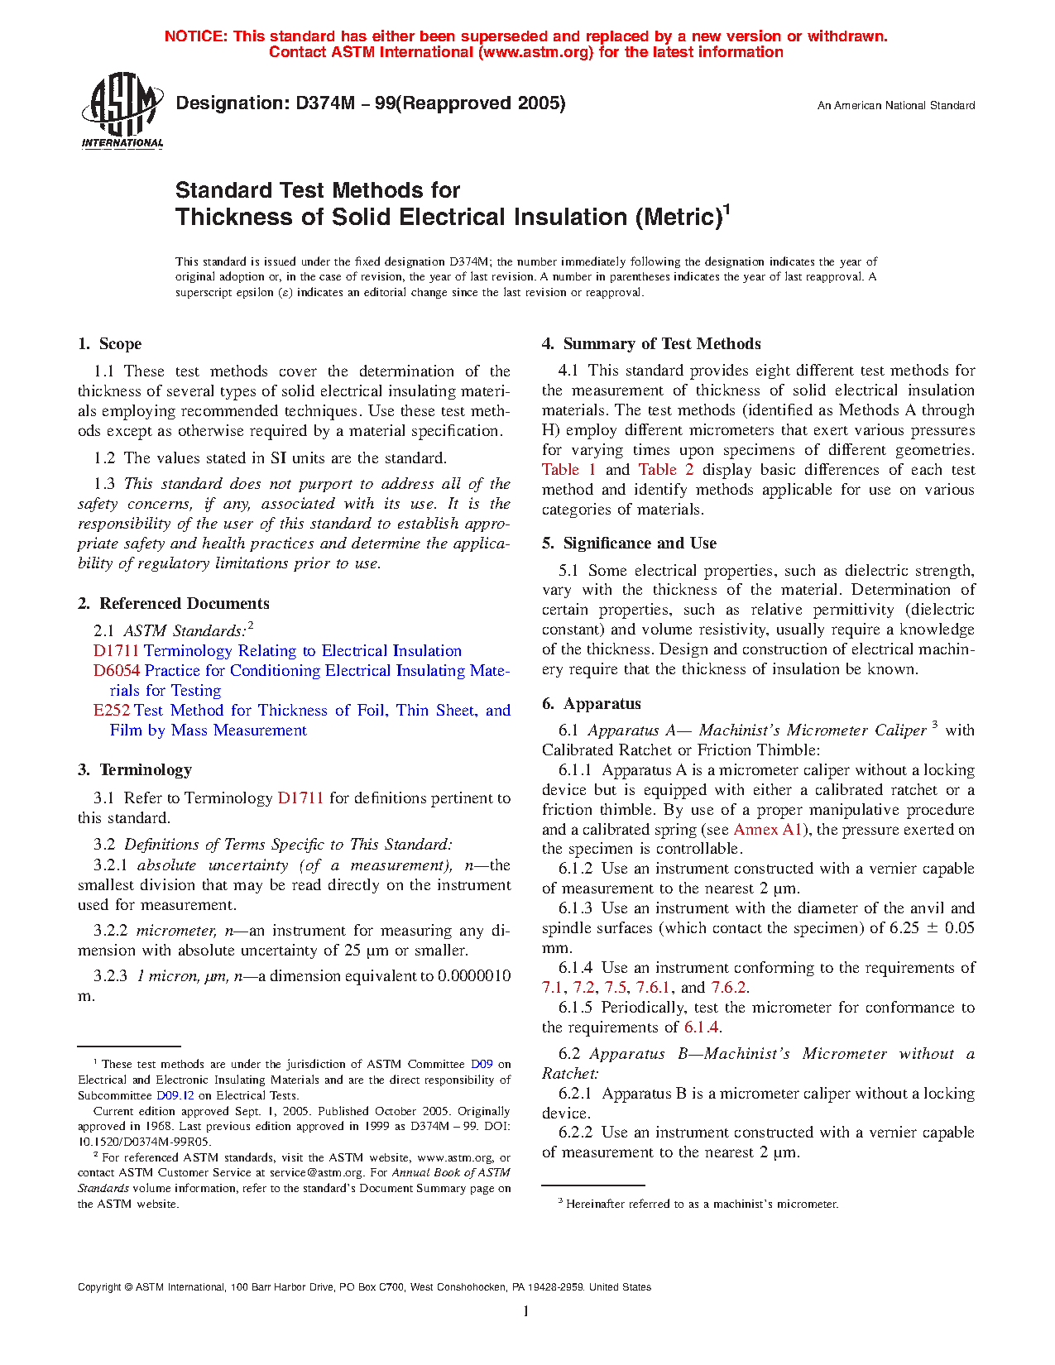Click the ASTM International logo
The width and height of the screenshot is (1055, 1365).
coord(122,110)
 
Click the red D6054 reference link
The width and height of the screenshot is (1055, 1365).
coord(117,671)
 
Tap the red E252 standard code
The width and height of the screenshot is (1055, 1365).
coord(112,711)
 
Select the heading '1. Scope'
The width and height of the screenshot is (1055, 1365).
coord(110,344)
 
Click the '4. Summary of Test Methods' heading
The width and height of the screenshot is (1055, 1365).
coord(651,344)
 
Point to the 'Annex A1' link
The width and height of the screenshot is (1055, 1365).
coord(768,830)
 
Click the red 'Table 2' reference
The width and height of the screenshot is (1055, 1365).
coord(666,470)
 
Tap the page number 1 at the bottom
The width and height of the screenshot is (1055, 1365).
coord(525,1311)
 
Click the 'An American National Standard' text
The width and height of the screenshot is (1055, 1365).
coord(896,106)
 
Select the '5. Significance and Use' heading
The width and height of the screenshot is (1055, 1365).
coord(630,544)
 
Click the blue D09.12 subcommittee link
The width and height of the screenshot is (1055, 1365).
coord(175,1095)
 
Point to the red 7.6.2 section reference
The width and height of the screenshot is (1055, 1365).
coord(729,988)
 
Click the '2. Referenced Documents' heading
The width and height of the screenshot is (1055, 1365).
coord(174,604)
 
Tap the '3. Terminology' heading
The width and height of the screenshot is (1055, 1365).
coord(135,770)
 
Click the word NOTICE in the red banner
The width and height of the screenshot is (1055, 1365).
coord(196,36)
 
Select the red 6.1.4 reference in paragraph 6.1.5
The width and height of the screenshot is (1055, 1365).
coord(702,1027)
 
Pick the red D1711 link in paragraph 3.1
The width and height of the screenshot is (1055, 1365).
coord(300,798)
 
